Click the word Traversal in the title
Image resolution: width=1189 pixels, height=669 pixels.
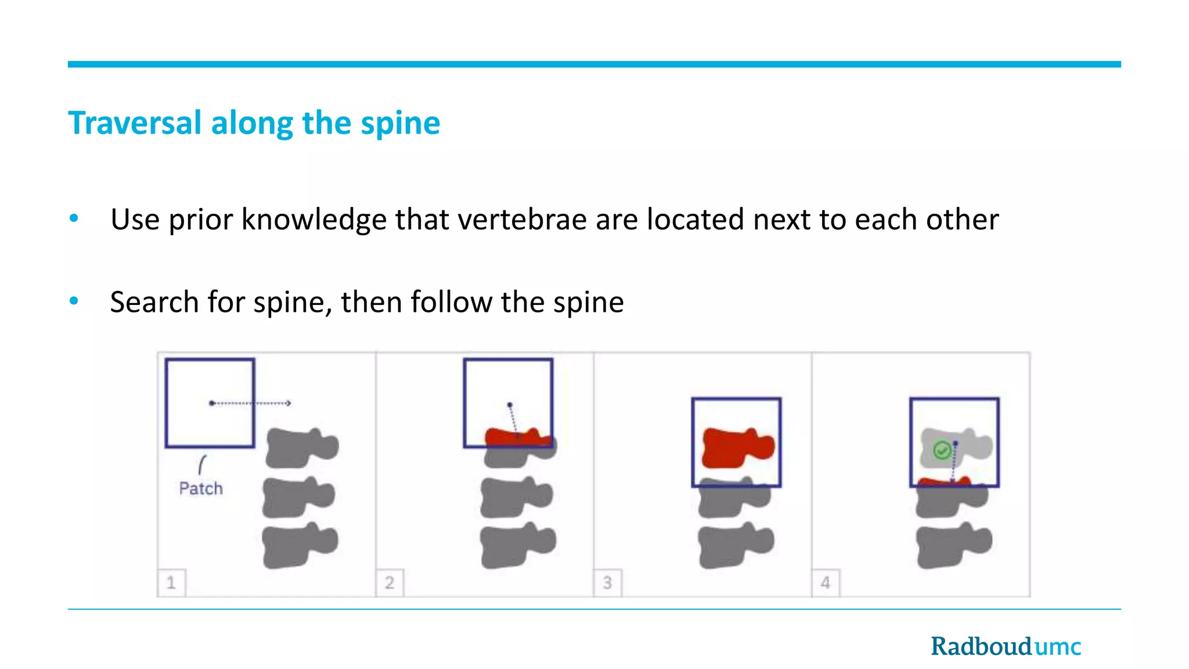(x=135, y=123)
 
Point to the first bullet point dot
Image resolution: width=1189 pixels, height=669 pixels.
(x=74, y=218)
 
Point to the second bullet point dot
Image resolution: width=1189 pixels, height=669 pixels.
(x=74, y=301)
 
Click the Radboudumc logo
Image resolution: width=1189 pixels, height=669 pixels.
(x=1006, y=646)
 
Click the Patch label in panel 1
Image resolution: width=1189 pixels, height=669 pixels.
(x=201, y=488)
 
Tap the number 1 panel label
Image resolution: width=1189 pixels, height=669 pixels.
(x=171, y=582)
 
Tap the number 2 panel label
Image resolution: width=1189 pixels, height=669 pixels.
(x=390, y=582)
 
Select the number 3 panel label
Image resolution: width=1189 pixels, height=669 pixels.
(x=607, y=582)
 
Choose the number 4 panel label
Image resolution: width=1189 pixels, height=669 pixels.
(x=826, y=582)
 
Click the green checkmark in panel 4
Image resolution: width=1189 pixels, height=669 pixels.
(x=942, y=450)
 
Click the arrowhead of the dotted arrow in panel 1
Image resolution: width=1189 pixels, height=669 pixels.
(x=289, y=403)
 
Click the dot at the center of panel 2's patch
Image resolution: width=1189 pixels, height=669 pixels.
(x=510, y=405)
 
